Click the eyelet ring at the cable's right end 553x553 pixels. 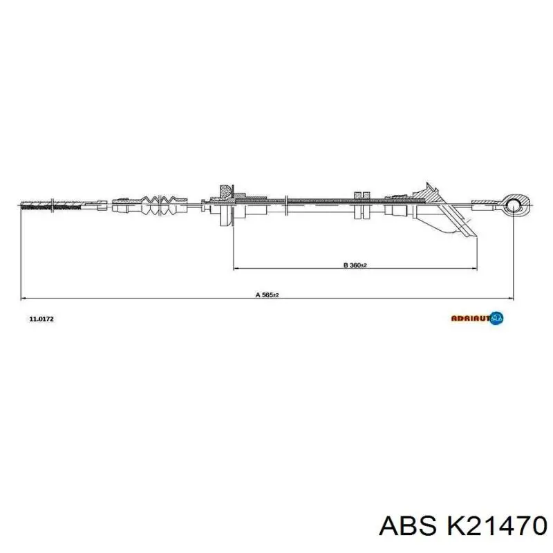[512, 203]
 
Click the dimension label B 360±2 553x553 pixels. [355, 265]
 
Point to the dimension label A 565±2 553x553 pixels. [266, 295]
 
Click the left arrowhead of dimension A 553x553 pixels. [24, 299]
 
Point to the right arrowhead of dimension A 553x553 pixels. [510, 299]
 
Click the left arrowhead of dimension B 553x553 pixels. [235, 268]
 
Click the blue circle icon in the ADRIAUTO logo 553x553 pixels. [497, 318]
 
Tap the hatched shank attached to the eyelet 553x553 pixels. [487, 203]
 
